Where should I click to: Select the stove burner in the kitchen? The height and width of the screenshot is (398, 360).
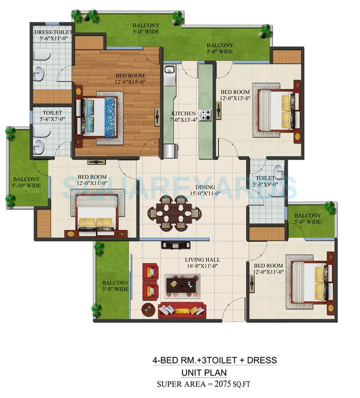pyautogui.click(x=205, y=115)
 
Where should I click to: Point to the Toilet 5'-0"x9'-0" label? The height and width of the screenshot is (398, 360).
pyautogui.click(x=266, y=181)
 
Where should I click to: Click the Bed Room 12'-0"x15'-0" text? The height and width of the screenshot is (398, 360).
pyautogui.click(x=131, y=78)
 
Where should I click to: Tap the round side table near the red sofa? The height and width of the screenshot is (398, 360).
pyautogui.click(x=149, y=310)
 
